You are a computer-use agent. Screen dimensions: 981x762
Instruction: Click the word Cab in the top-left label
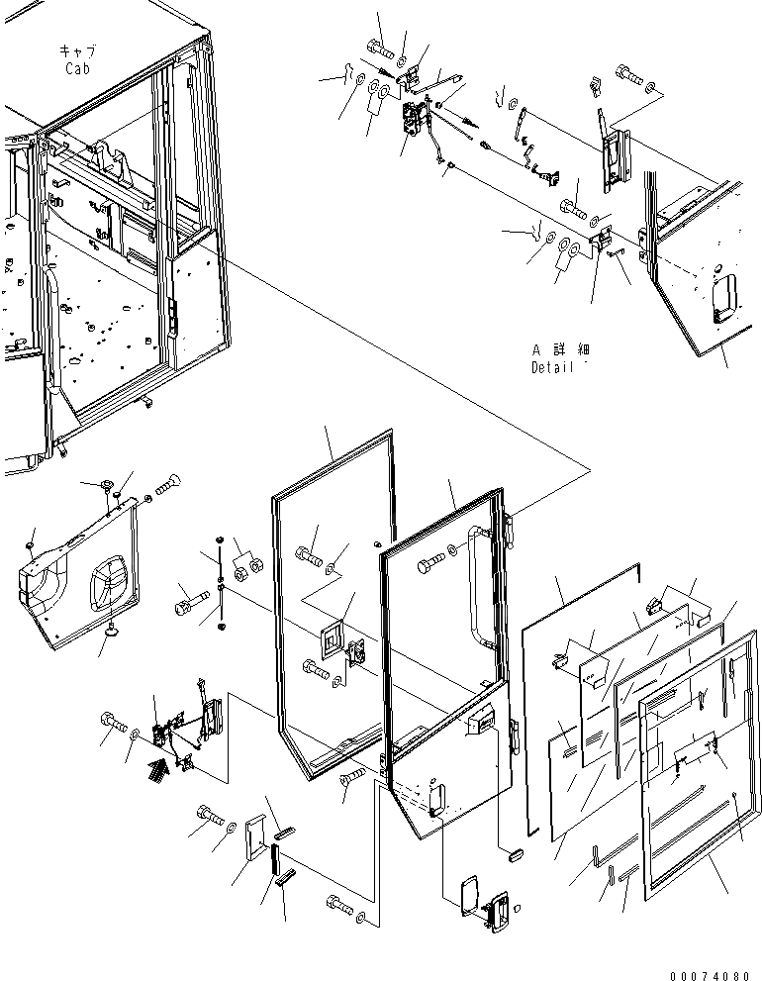point(78,68)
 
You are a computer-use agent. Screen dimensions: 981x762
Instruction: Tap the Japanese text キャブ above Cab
point(77,50)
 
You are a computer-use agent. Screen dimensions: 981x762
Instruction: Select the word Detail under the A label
point(551,366)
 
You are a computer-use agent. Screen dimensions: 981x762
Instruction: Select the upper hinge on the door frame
point(511,526)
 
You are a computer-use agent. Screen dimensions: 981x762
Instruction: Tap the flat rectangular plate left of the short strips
point(254,838)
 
